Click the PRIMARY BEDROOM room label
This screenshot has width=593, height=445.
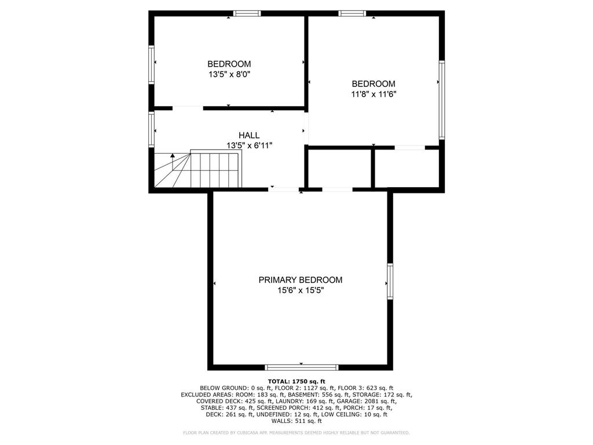click(x=301, y=280)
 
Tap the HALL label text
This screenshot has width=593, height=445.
click(x=249, y=135)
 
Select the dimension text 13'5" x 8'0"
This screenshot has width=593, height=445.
click(x=229, y=74)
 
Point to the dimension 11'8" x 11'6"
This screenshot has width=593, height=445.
click(x=374, y=94)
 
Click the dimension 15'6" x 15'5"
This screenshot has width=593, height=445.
click(x=301, y=291)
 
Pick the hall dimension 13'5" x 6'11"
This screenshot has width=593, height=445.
click(x=249, y=145)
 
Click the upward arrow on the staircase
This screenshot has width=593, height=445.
click(x=173, y=162)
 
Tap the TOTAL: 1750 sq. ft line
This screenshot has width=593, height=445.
click(x=296, y=381)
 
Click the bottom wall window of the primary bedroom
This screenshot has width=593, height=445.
click(x=301, y=367)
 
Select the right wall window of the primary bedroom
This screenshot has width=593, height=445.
click(x=390, y=281)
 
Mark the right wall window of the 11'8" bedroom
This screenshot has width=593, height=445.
click(x=442, y=100)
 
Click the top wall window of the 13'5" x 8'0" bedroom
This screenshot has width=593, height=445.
click(x=247, y=14)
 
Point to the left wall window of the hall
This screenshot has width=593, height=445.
click(x=152, y=129)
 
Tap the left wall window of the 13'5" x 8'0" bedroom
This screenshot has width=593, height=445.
click(x=152, y=64)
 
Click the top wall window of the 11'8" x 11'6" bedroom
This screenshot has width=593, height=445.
click(x=353, y=14)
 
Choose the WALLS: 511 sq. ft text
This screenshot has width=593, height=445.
click(x=296, y=421)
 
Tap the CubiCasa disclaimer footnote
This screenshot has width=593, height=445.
click(x=296, y=432)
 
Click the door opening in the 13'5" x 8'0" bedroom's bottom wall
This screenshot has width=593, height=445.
click(x=188, y=108)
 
